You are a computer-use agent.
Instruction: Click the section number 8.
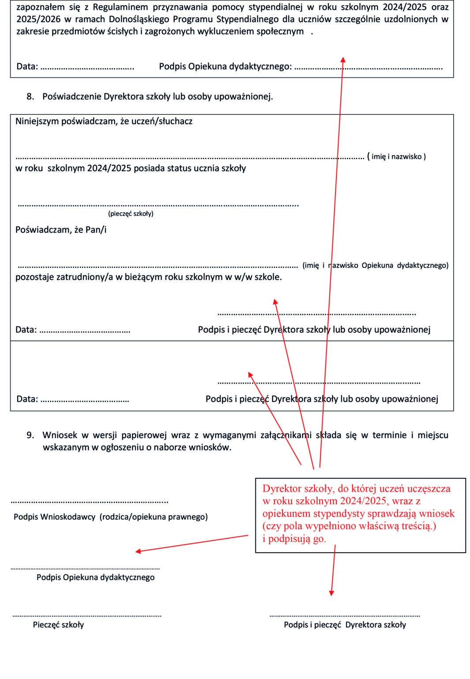(x=30, y=96)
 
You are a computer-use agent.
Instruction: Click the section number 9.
(x=30, y=435)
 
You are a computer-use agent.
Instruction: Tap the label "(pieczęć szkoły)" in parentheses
(x=131, y=214)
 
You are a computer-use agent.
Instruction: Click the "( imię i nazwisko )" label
(x=396, y=156)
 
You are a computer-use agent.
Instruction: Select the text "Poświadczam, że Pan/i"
(x=61, y=229)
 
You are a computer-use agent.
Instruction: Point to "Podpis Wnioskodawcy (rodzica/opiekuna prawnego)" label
(x=110, y=517)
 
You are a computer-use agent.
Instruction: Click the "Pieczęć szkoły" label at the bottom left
(x=58, y=625)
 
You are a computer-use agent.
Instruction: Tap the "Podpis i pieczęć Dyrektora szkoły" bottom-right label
(x=345, y=625)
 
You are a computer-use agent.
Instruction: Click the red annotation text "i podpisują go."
(x=294, y=538)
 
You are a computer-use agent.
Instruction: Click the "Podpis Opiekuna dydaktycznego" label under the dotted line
(x=95, y=577)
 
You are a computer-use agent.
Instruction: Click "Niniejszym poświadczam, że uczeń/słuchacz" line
(x=104, y=121)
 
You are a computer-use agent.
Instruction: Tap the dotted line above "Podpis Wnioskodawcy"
(x=89, y=502)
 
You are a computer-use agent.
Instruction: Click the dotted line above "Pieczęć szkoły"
(x=86, y=615)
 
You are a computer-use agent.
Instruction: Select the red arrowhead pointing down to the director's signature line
(x=331, y=593)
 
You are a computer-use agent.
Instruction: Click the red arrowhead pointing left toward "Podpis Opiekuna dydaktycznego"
(x=138, y=551)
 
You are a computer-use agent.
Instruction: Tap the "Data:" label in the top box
(x=27, y=66)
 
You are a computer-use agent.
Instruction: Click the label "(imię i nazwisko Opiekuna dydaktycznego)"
(x=375, y=265)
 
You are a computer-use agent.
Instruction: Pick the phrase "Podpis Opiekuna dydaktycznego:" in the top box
(x=225, y=66)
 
